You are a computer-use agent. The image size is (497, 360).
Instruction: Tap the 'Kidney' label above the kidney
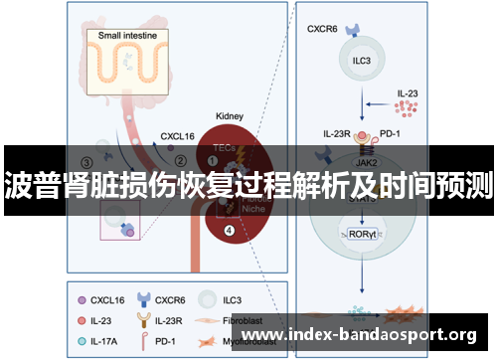click(x=231, y=116)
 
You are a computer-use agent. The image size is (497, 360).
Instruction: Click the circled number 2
click(x=180, y=158)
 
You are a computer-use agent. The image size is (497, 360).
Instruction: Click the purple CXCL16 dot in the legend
click(x=83, y=297)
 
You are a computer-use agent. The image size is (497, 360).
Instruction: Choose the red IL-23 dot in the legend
click(x=83, y=319)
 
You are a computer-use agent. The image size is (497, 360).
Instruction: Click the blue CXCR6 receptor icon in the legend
click(x=147, y=297)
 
